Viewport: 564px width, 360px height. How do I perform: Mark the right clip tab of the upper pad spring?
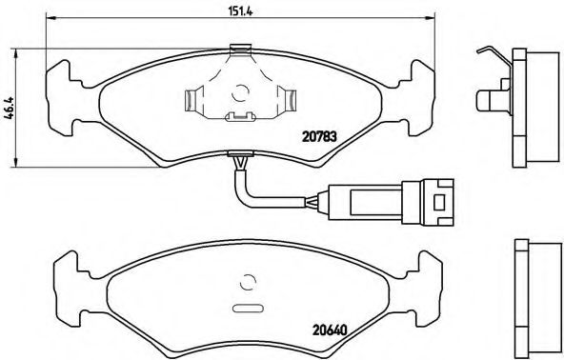pyautogui.click(x=287, y=98)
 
